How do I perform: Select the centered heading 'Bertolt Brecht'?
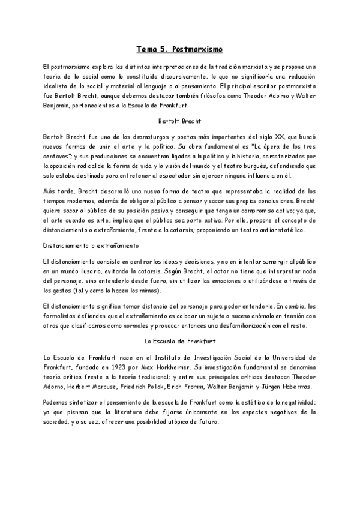coord(180,121)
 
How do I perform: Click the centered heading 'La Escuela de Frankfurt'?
coord(180,341)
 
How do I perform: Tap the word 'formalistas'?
coord(62,316)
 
